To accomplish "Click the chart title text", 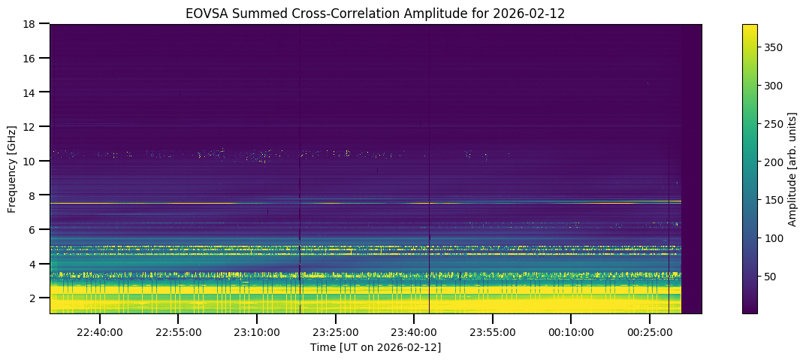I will point(376,13).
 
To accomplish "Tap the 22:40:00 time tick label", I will point(99,331).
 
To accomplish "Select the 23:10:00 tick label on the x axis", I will point(256,331).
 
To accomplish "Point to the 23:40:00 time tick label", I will point(413,331).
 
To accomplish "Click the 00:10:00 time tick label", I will point(570,331).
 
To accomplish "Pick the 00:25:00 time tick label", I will point(649,331).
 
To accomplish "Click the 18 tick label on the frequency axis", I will point(33,24).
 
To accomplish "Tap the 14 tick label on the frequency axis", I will point(33,92).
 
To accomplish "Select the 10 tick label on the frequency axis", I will point(33,161).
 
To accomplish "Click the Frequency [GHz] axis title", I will point(12,169).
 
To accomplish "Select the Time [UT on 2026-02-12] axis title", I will point(376,346).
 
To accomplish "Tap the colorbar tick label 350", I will point(771,47).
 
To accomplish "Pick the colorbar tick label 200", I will point(771,162).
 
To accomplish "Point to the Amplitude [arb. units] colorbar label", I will point(792,169).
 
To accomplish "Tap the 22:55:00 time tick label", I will point(178,331).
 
